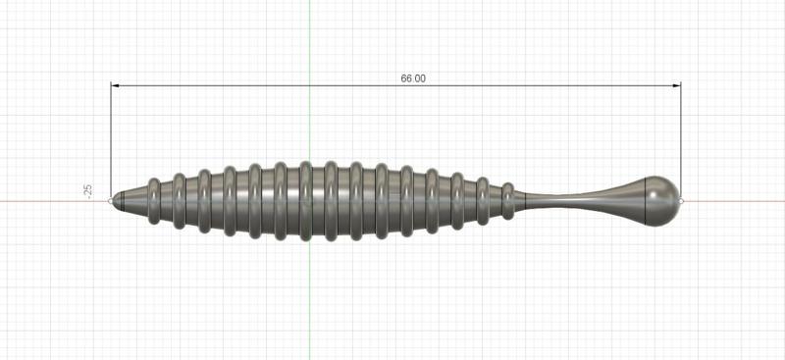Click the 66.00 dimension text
point(413,78)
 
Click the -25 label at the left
point(88,191)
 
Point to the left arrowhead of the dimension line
point(115,85)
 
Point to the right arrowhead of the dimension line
point(676,85)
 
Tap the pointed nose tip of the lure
point(112,201)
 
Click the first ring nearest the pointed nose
point(154,201)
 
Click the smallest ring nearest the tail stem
point(508,201)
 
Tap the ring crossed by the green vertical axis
point(306,201)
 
